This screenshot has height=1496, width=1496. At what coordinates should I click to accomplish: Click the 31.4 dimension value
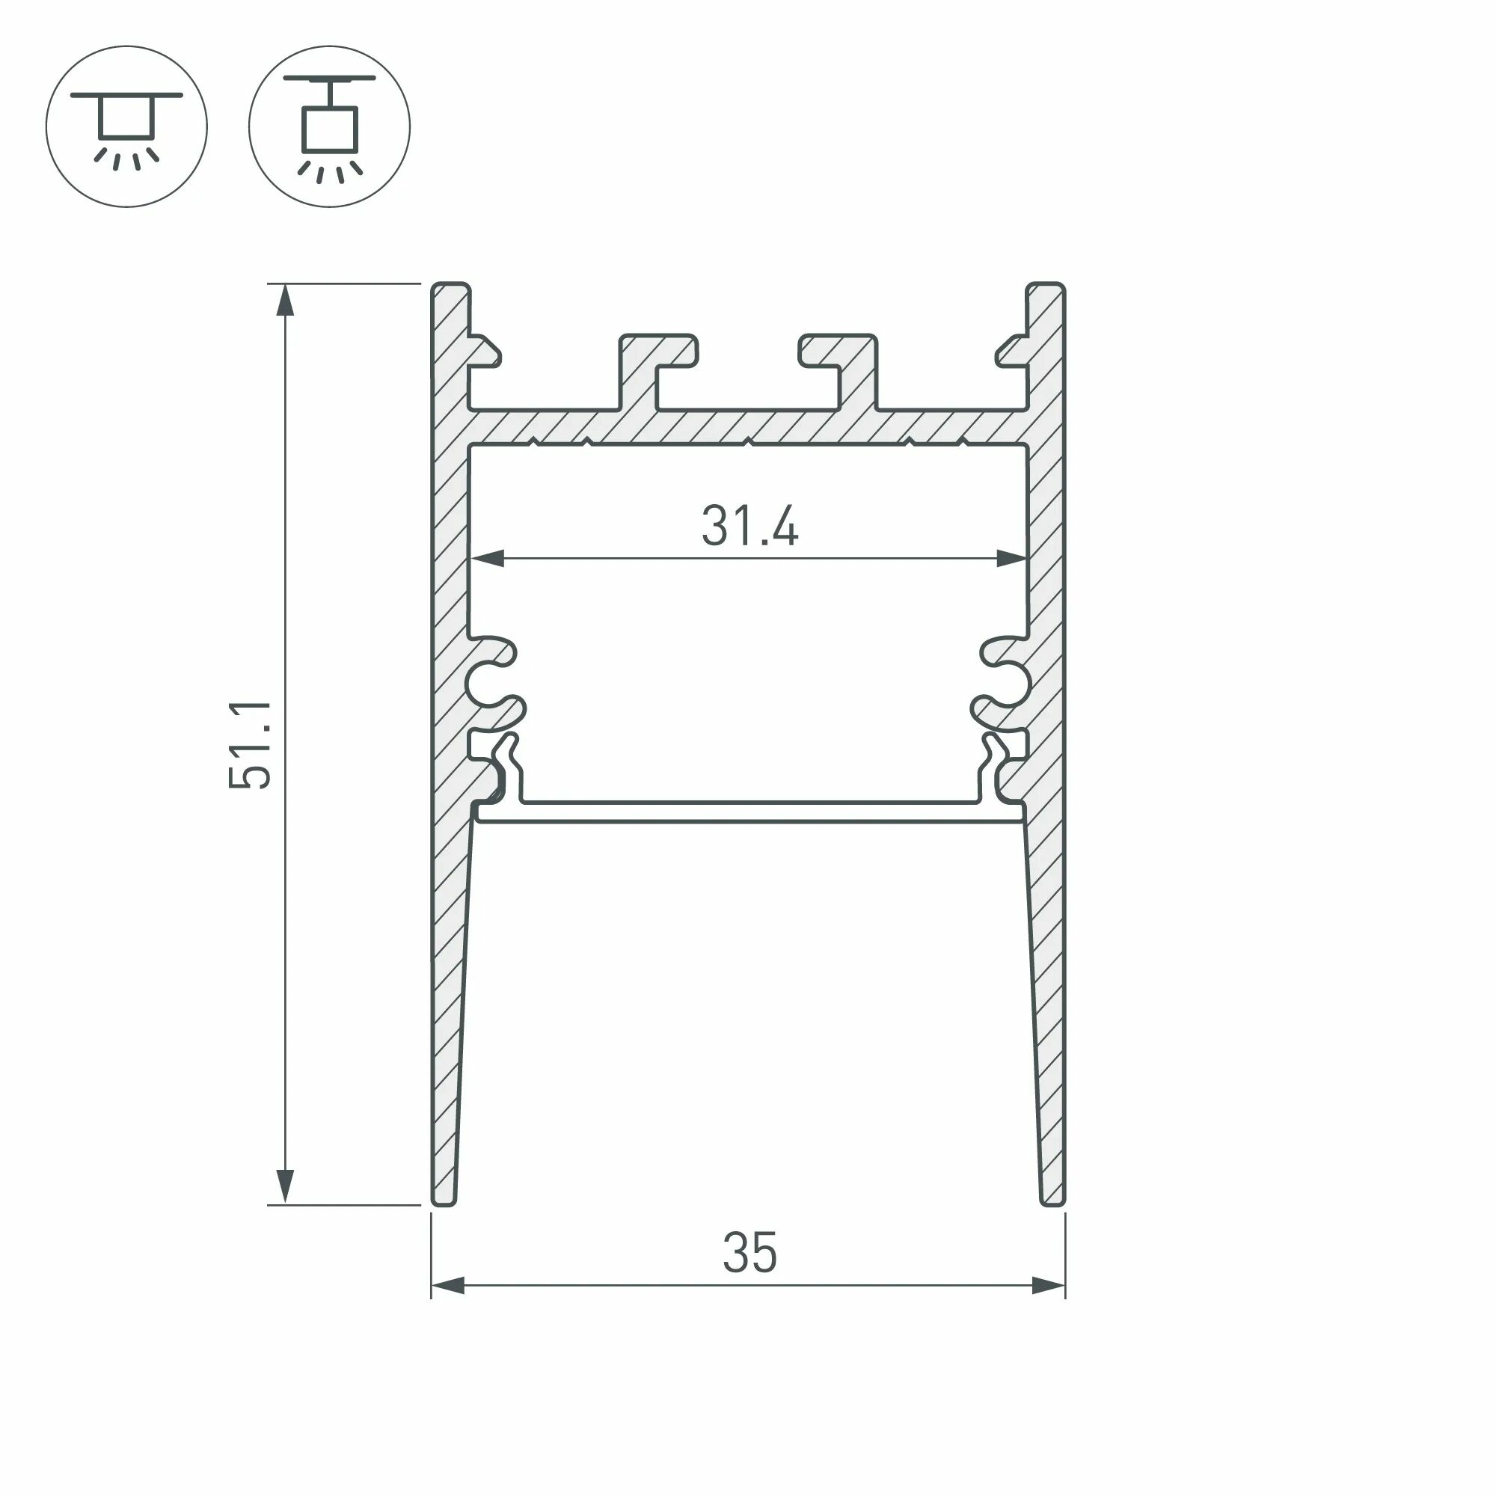(749, 527)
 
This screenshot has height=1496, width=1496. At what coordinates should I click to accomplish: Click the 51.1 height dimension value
(251, 744)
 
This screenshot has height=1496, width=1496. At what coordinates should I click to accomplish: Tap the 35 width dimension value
(749, 1253)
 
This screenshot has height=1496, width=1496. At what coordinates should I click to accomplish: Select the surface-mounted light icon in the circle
(127, 126)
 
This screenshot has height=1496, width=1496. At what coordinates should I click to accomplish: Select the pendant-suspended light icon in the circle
(329, 126)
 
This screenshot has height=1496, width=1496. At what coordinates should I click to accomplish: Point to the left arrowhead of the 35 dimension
(447, 1286)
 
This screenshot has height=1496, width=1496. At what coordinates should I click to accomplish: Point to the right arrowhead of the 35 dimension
(1049, 1286)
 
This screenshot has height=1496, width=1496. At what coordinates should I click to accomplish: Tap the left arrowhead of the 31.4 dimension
(488, 558)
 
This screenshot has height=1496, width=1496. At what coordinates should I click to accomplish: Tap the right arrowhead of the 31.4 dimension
(1011, 558)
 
